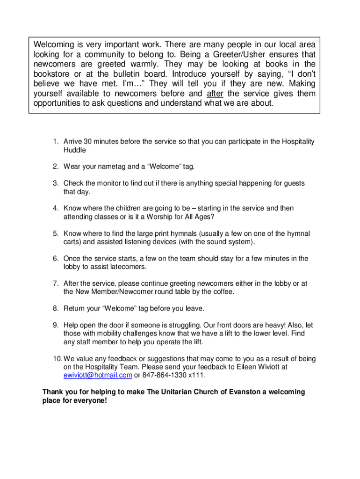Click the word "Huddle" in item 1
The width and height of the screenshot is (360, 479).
[75, 150]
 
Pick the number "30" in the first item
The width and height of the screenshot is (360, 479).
[88, 142]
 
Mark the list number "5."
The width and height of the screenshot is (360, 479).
[55, 233]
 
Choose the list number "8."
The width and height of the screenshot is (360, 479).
[55, 309]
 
